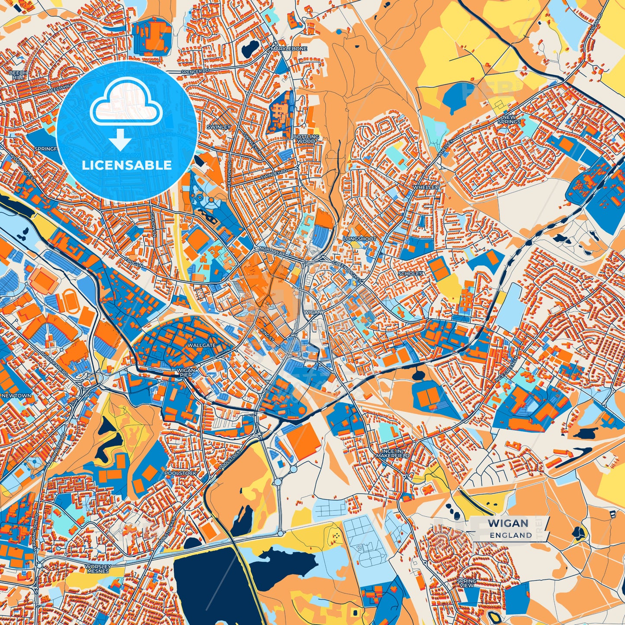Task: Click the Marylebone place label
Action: click(x=288, y=49)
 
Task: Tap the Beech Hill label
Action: click(x=18, y=75)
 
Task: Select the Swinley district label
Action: click(x=219, y=127)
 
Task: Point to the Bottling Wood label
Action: click(x=306, y=139)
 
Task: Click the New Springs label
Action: click(x=509, y=119)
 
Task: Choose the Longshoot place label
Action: click(x=359, y=239)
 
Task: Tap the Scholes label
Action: click(x=410, y=274)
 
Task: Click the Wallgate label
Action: click(x=202, y=346)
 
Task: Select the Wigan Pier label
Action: click(x=186, y=372)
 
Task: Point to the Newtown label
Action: click(x=16, y=395)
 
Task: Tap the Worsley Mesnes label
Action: click(x=98, y=568)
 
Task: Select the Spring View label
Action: click(x=466, y=583)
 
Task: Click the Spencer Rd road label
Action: click(x=195, y=71)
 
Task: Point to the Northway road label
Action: click(x=271, y=250)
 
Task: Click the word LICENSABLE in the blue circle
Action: click(x=127, y=165)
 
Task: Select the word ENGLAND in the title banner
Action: click(x=511, y=535)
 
